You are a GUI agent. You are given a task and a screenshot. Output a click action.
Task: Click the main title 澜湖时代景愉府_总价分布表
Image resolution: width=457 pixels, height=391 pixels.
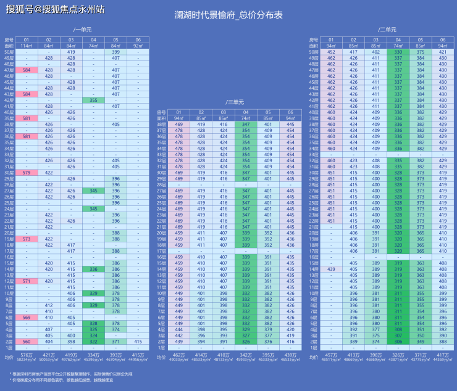tap(228, 15)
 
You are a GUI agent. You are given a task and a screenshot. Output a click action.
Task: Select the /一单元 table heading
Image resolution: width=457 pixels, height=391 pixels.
tap(82, 30)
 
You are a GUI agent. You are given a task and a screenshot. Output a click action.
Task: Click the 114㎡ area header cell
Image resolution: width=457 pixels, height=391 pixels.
tap(26, 46)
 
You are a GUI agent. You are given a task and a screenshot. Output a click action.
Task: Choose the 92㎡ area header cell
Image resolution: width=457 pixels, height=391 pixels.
tap(137, 46)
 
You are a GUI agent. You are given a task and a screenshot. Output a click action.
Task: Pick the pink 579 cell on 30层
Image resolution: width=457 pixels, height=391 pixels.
tap(26, 173)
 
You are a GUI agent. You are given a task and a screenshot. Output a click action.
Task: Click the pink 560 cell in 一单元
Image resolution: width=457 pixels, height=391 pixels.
tap(26, 341)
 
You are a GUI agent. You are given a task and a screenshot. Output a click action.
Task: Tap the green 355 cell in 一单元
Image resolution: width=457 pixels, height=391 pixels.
tap(93, 100)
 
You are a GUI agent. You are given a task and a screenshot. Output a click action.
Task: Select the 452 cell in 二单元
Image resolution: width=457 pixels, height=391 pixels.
tap(331, 52)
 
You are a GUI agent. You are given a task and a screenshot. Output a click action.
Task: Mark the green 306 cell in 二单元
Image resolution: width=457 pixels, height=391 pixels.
tap(398, 329)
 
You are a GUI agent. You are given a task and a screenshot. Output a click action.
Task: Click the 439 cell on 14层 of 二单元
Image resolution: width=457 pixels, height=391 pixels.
tap(331, 269)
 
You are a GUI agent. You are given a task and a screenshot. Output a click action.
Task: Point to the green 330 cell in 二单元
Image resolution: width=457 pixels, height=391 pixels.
tap(398, 52)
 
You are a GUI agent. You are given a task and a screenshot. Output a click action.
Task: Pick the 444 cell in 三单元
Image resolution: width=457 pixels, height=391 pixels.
tap(178, 329)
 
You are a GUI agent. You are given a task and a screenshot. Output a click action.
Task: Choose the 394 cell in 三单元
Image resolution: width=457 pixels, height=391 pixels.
tap(201, 341)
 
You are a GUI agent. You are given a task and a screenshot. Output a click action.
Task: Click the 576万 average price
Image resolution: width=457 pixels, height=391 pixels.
tap(26, 355)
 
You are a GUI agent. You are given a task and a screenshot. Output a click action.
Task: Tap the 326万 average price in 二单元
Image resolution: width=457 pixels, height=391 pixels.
tap(398, 355)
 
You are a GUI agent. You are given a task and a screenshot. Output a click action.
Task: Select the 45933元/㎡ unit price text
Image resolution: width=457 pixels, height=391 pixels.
tap(245, 360)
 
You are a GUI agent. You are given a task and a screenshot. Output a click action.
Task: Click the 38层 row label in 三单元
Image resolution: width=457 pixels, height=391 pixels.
tap(161, 124)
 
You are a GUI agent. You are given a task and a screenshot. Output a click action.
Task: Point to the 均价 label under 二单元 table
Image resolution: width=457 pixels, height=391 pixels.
tap(314, 356)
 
